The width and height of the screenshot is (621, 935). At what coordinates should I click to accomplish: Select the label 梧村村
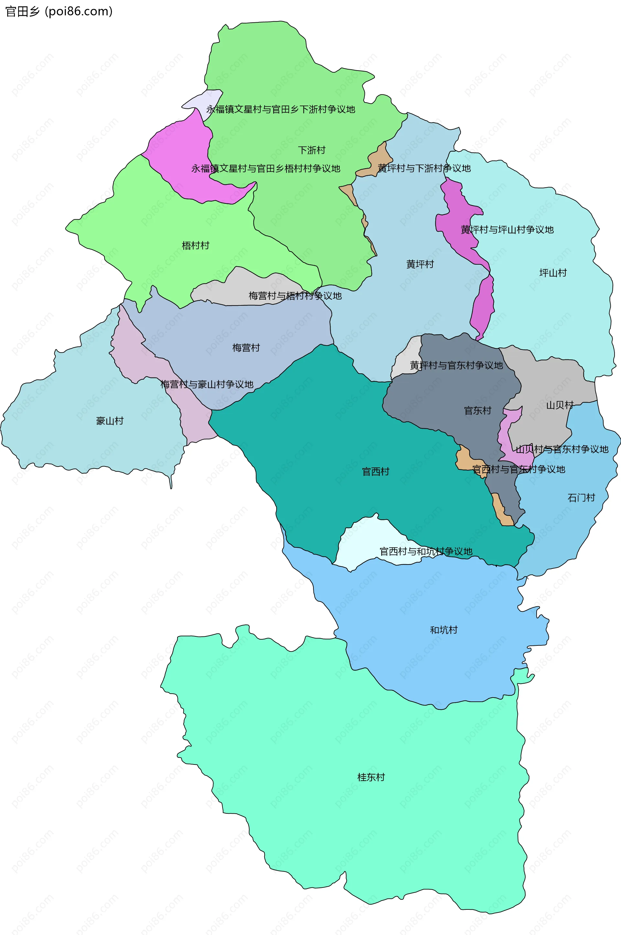click(195, 246)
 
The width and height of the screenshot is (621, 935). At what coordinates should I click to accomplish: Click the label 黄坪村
click(420, 264)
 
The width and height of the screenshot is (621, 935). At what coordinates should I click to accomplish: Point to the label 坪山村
click(553, 273)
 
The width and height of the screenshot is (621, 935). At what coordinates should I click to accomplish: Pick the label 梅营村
click(246, 348)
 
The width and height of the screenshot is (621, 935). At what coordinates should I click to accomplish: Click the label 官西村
click(376, 472)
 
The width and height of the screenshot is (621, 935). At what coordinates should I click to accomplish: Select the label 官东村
click(477, 411)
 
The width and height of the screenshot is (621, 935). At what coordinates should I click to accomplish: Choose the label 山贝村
click(560, 405)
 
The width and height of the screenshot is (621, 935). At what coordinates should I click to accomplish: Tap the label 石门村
click(581, 498)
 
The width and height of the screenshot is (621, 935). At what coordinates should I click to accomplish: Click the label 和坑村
click(443, 630)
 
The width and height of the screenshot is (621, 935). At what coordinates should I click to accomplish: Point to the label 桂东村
click(371, 777)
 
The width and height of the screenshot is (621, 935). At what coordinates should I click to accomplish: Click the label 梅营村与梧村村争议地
click(295, 296)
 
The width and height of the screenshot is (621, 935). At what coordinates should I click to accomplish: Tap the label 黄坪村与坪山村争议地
click(507, 230)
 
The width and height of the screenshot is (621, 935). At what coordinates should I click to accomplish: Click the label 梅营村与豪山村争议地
click(207, 384)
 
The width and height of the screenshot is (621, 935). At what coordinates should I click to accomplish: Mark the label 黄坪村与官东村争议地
click(456, 365)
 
